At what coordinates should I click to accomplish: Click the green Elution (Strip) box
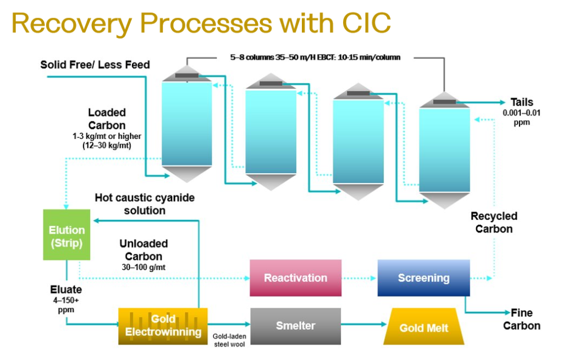pyautogui.click(x=67, y=236)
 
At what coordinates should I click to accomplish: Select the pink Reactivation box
pyautogui.click(x=295, y=278)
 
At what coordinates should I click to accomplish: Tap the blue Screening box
pyautogui.click(x=423, y=278)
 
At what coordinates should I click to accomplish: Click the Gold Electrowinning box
pyautogui.click(x=163, y=325)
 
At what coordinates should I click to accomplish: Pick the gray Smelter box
pyautogui.click(x=295, y=325)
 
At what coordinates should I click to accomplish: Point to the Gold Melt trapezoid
pyautogui.click(x=423, y=328)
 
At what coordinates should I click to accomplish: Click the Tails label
pyautogui.click(x=521, y=102)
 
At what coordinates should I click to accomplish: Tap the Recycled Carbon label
pyautogui.click(x=494, y=223)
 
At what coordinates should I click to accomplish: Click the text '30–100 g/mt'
pyautogui.click(x=143, y=267)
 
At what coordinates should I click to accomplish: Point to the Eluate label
pyautogui.click(x=66, y=290)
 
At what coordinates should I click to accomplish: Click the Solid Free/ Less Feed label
pyautogui.click(x=95, y=65)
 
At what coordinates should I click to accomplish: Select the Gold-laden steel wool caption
pyautogui.click(x=228, y=339)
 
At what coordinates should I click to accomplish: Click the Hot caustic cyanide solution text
pyautogui.click(x=145, y=203)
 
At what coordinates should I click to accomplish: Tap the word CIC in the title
pyautogui.click(x=363, y=22)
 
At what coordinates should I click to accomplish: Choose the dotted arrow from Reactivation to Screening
pyautogui.click(x=359, y=278)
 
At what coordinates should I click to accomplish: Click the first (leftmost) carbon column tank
pyautogui.click(x=186, y=124)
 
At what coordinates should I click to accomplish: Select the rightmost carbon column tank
pyautogui.click(x=444, y=149)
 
